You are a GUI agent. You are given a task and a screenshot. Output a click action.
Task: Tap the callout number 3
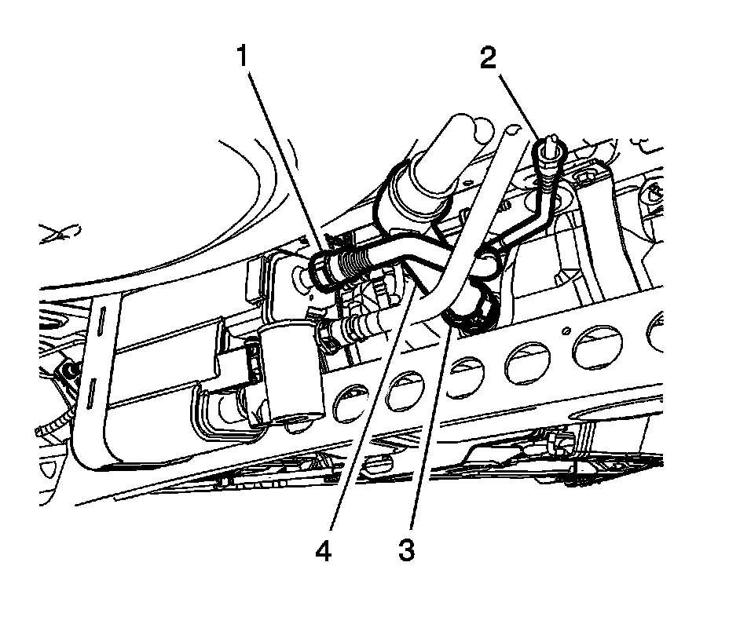pyautogui.click(x=405, y=550)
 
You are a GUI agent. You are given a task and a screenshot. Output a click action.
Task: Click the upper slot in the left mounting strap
pyautogui.click(x=102, y=325)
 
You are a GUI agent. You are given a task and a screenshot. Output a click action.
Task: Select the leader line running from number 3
pyautogui.click(x=428, y=432)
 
